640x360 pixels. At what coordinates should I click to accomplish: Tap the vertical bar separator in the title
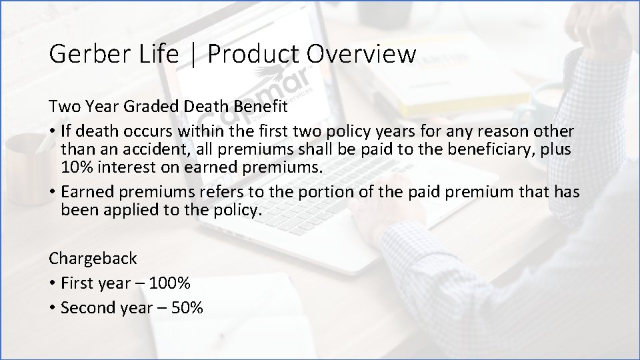[x=193, y=53]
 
